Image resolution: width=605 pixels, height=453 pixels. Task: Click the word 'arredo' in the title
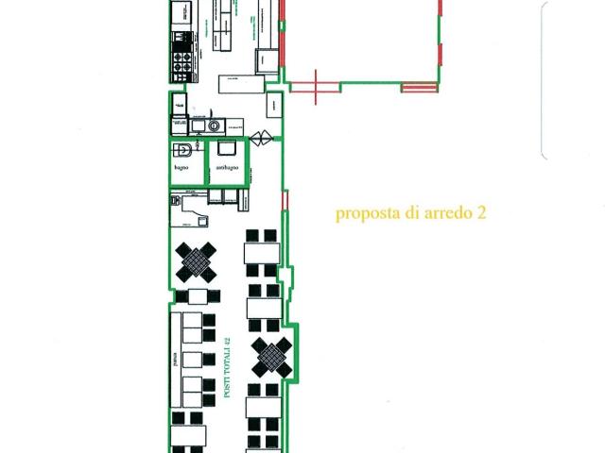coord(444,213)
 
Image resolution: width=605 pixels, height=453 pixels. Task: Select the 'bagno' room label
coord(181,168)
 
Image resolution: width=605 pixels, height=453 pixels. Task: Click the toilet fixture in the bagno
coord(185,150)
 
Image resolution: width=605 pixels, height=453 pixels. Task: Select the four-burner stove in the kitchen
coord(181,62)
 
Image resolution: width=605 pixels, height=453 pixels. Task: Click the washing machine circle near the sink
coord(215,125)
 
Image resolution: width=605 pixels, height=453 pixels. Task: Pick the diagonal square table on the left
coord(197,262)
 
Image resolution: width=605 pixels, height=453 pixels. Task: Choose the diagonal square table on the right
coord(271,357)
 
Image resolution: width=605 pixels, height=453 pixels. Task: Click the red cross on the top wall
coord(318,87)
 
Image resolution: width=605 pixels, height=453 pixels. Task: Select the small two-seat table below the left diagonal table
coord(197,296)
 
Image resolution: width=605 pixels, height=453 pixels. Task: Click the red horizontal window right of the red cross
coord(420,88)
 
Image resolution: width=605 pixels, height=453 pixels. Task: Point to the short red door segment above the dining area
coord(284,200)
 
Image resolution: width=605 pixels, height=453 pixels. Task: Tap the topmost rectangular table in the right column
coord(262,253)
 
